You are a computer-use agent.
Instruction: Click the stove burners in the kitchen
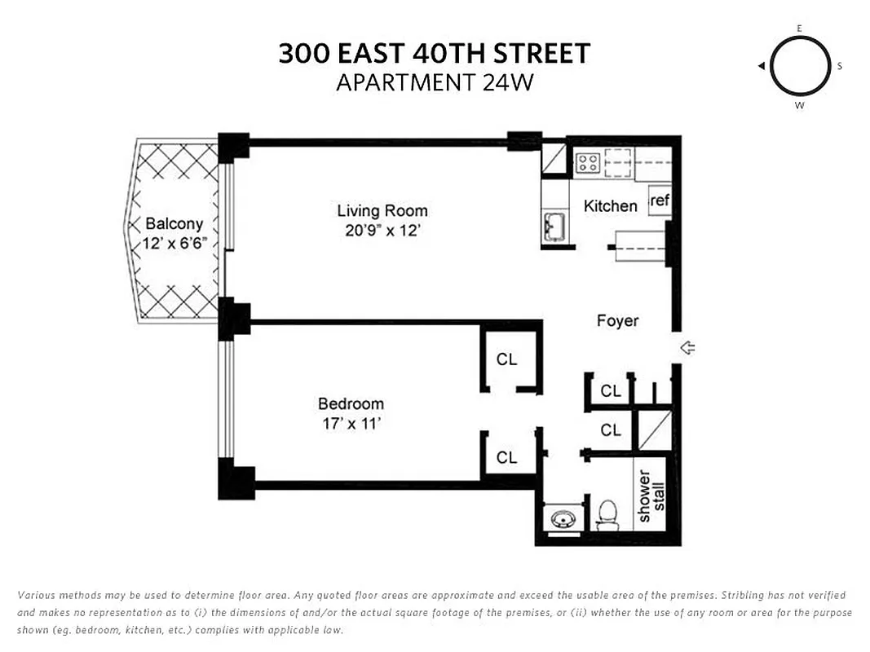pos(588,162)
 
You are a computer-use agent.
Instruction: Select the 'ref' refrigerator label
pos(660,200)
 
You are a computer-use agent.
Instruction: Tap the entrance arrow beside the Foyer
pos(687,349)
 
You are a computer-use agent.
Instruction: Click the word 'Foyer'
pos(617,321)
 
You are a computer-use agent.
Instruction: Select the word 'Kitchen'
pos(610,206)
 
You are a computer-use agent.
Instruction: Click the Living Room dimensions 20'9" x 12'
pos(382,231)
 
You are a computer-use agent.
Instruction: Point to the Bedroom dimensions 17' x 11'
pos(351,424)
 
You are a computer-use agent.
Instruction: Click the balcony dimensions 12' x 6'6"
pos(174,244)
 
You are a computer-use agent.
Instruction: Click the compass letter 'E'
pos(799,29)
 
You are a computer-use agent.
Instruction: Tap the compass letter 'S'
pos(839,67)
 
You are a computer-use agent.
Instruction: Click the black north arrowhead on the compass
pos(761,66)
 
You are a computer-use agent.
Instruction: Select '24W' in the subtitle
pos(508,83)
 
